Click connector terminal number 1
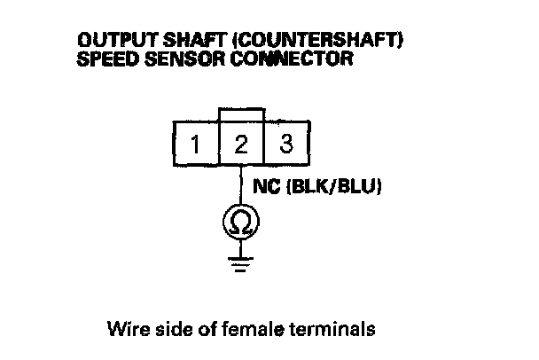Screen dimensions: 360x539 point(194,144)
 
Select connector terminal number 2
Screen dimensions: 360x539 point(240,144)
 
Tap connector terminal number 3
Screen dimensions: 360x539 point(285,144)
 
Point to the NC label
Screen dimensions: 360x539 point(265,189)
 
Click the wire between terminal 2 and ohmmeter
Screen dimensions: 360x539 point(240,184)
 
